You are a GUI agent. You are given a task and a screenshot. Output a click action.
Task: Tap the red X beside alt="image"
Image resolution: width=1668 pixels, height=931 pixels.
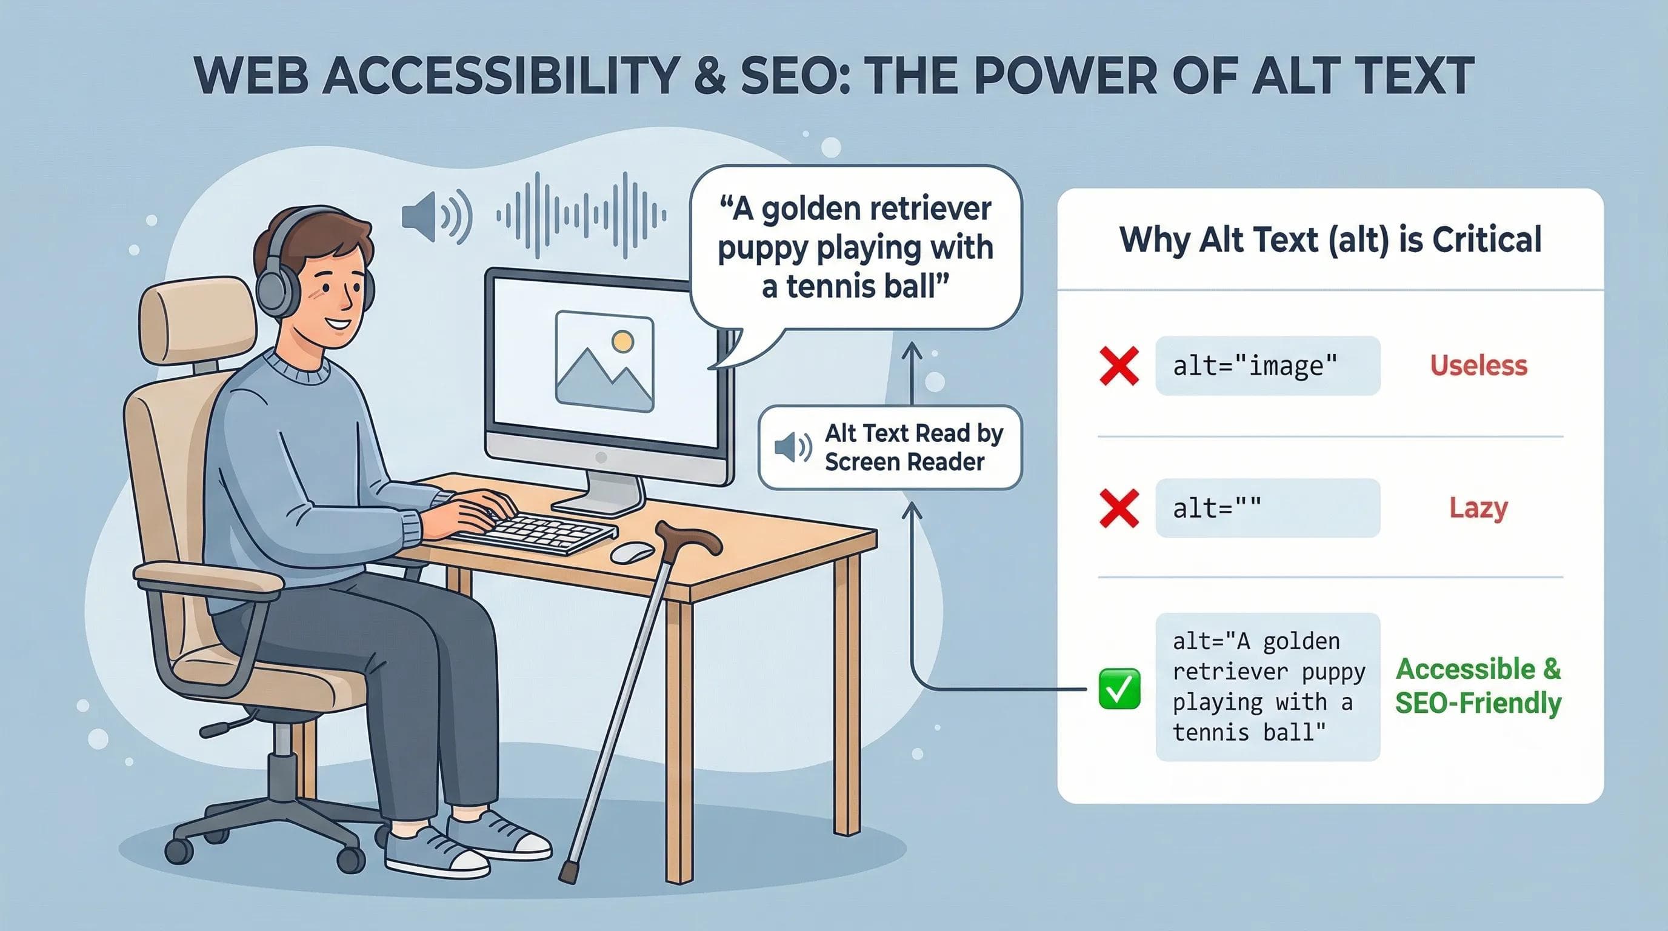click(1119, 366)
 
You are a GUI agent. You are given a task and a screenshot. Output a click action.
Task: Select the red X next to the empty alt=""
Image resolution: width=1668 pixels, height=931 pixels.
click(1119, 508)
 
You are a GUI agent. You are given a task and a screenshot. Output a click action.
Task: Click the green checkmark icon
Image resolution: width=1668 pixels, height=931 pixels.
click(1119, 689)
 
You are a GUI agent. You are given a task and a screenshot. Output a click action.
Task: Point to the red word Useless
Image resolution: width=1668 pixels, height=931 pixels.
click(1478, 366)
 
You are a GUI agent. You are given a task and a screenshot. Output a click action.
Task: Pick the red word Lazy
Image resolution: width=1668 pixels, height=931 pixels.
click(1478, 508)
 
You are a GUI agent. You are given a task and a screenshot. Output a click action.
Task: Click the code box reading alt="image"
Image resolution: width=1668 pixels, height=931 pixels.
click(1267, 366)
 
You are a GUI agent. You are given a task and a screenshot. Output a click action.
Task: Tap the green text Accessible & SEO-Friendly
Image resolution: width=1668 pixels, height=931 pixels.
click(1478, 686)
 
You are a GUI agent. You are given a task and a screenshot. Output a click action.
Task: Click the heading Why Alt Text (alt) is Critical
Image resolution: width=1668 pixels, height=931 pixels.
click(1330, 239)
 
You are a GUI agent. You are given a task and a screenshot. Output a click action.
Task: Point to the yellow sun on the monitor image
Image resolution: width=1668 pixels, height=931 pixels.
click(622, 341)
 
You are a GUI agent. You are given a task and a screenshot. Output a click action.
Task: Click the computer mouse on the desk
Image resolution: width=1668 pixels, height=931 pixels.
click(633, 552)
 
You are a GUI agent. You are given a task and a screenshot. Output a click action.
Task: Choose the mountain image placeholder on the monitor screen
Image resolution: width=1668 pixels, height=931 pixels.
click(605, 362)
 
